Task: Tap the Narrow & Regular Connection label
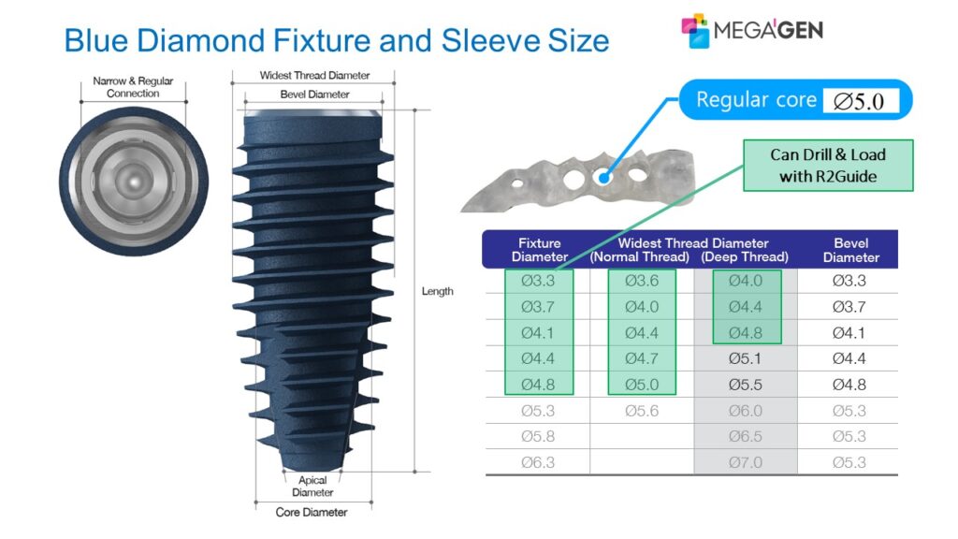click(x=133, y=87)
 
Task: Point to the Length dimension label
click(x=437, y=291)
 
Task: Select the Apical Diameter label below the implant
click(x=312, y=487)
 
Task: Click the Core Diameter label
click(x=312, y=512)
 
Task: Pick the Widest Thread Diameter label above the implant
click(x=314, y=75)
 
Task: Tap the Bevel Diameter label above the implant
click(x=314, y=95)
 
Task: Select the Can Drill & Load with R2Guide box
click(x=827, y=166)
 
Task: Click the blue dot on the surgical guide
click(x=605, y=174)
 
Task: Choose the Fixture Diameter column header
click(x=540, y=250)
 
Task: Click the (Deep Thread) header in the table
click(x=745, y=257)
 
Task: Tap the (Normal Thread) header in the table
click(x=640, y=257)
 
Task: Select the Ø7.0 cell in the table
click(x=745, y=462)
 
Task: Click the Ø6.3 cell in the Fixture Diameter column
click(x=540, y=462)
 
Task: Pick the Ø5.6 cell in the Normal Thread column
click(x=641, y=411)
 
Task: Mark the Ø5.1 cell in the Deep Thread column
click(x=745, y=358)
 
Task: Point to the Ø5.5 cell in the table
click(x=745, y=385)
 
